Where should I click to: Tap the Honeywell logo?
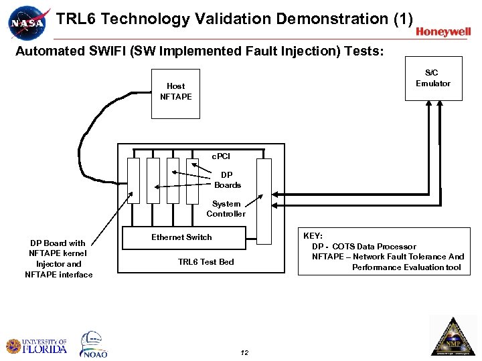click(443, 31)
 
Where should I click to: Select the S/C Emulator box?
click(433, 79)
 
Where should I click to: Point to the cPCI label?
click(221, 156)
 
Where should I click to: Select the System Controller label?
click(226, 209)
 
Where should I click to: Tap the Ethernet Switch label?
click(181, 237)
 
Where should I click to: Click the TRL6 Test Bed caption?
click(206, 261)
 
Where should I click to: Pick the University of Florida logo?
click(37, 346)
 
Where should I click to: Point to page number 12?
click(244, 352)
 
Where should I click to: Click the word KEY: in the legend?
click(313, 236)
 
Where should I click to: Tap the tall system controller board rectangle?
click(264, 201)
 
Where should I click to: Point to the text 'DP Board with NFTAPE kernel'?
click(58, 248)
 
